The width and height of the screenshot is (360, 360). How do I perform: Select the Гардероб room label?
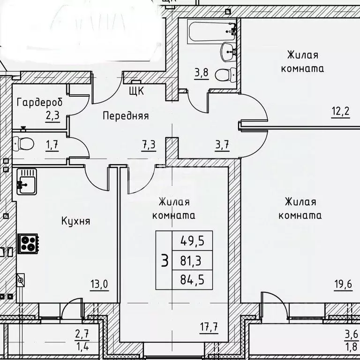coord(39,102)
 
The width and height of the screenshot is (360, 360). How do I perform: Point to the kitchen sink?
coord(24,180)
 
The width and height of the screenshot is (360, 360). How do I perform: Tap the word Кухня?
coord(75,221)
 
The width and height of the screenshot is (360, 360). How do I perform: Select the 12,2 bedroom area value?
coord(340,113)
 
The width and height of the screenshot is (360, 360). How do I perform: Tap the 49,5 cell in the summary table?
coord(192,242)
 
